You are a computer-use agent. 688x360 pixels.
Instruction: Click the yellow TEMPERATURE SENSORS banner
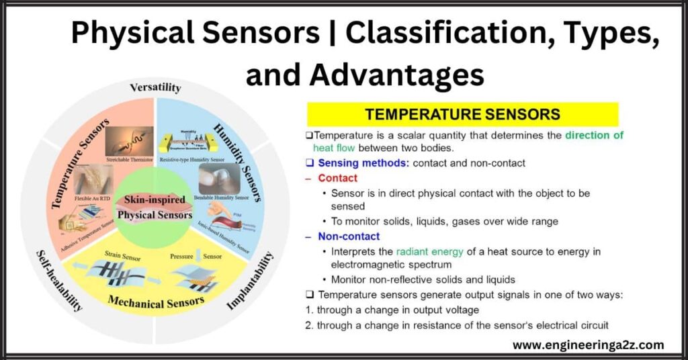point(462,114)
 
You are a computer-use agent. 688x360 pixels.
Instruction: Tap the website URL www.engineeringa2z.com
point(588,345)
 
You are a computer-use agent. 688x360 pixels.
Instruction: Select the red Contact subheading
point(337,178)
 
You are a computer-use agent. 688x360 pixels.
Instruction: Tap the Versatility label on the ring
point(155,87)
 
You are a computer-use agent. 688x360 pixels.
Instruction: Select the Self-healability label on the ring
point(59,278)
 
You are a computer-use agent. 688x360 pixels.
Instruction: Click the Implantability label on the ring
point(251,281)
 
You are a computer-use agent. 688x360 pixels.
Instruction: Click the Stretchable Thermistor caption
point(129,159)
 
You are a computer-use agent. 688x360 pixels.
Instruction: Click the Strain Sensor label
point(121,255)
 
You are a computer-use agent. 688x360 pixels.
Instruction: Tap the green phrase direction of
point(593,135)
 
